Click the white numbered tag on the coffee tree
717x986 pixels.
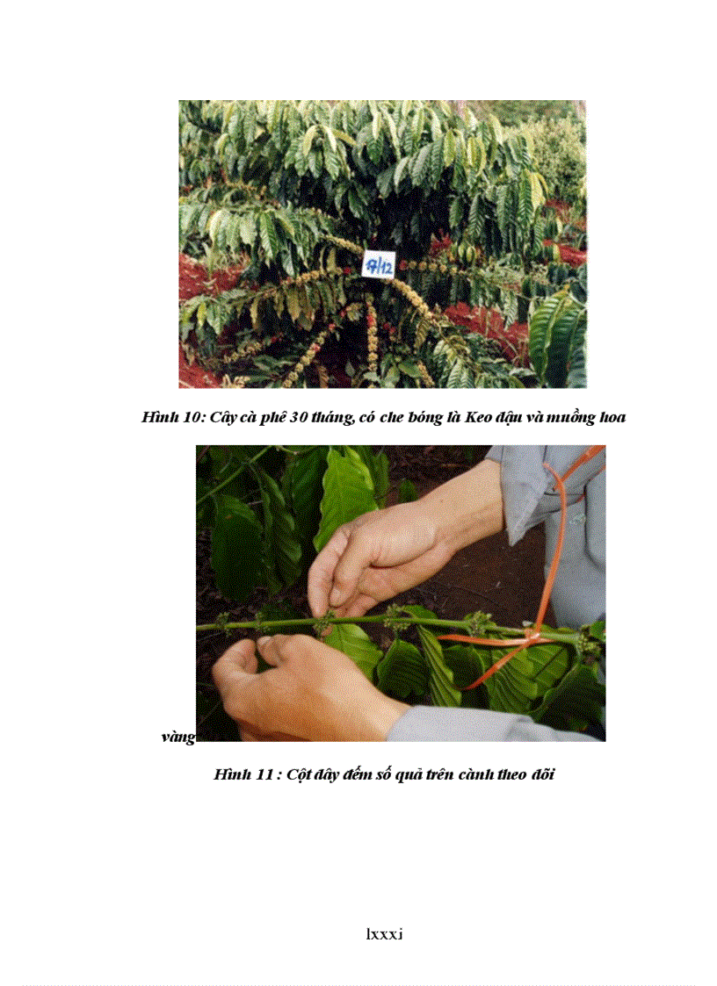coord(377,263)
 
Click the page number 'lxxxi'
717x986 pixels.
coord(384,934)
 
